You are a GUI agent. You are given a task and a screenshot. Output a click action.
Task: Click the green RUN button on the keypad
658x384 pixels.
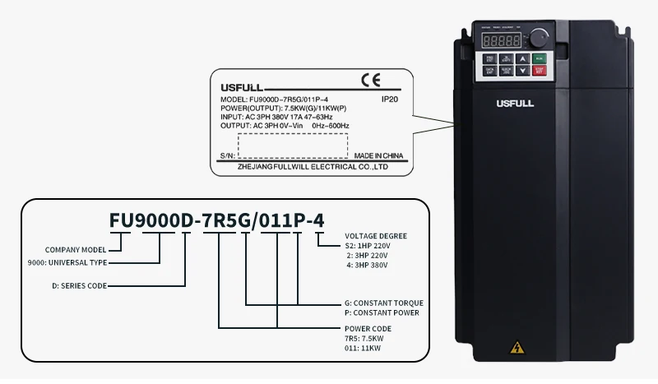538,58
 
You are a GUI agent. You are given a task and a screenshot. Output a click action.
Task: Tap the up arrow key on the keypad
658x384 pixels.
521,58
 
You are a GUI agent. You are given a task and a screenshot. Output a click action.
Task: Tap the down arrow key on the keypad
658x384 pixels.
521,72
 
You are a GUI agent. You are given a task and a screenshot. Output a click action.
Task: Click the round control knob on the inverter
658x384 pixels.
539,38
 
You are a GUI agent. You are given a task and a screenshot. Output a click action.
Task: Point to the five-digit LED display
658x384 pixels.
501,39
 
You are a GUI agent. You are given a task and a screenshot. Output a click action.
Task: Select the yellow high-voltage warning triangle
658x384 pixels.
517,347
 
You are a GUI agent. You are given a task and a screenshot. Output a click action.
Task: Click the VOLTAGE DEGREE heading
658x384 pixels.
376,236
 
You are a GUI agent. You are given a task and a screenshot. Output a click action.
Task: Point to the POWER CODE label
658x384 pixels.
368,329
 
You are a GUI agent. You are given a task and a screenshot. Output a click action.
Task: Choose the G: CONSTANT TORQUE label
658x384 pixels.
382,303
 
